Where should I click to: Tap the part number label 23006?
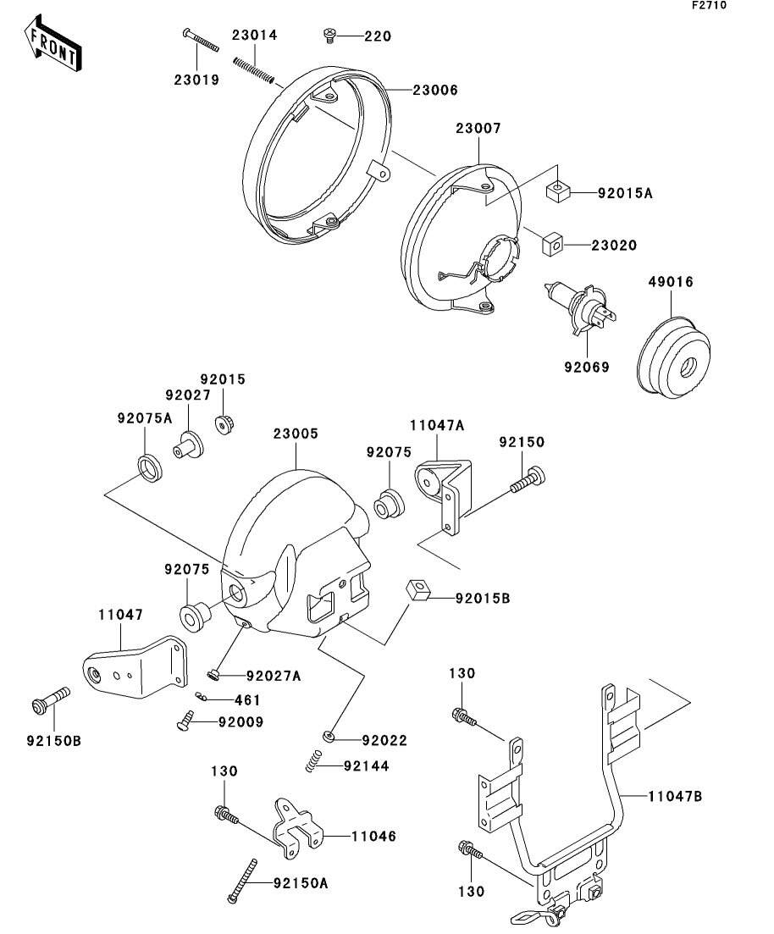point(435,89)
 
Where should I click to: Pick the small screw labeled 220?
point(330,36)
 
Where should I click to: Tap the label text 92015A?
point(625,193)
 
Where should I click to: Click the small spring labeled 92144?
point(314,760)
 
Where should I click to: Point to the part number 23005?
point(296,434)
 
